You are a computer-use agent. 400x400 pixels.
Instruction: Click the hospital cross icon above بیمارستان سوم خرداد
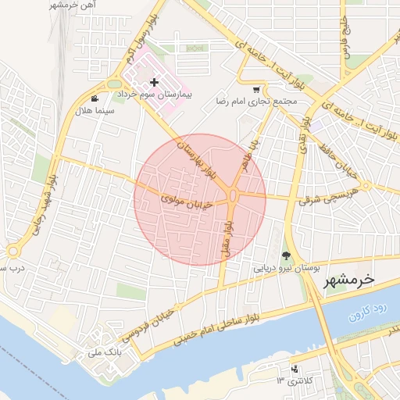tap(154, 82)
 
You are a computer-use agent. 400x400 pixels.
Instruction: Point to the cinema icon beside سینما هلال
tap(95, 98)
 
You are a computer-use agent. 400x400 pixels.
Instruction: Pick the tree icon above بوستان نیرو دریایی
tap(286, 255)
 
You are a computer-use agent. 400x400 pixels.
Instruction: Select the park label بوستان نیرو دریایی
tap(286, 267)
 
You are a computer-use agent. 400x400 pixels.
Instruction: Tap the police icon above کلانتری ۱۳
tap(295, 369)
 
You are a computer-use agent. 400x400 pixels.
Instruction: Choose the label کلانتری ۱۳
tap(291, 381)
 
